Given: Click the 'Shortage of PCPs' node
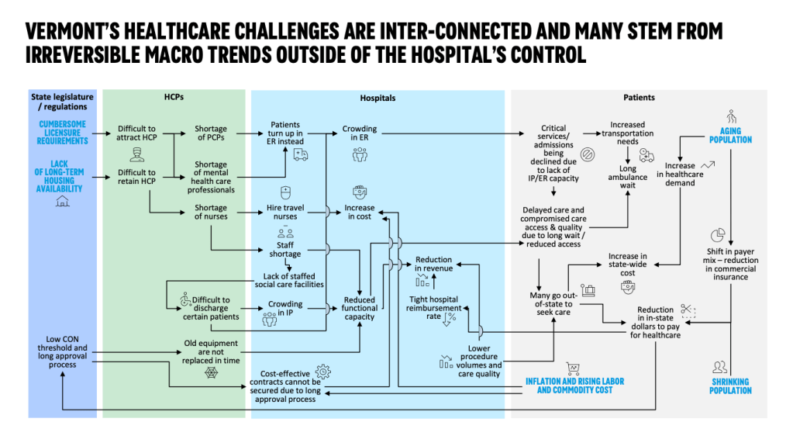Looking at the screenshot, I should (210, 134).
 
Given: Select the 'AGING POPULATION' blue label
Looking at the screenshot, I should (730, 136).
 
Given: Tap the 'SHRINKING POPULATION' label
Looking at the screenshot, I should (730, 386).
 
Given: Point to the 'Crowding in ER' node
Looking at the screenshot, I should (360, 134).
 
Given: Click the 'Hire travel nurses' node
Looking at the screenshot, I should (284, 212).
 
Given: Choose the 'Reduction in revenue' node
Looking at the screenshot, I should (433, 265).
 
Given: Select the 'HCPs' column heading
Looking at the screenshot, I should (174, 98).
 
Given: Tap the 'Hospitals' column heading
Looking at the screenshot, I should (378, 99).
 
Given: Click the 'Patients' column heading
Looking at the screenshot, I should (639, 98).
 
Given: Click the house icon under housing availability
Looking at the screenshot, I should (62, 201).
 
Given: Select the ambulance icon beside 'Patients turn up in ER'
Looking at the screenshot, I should (301, 154).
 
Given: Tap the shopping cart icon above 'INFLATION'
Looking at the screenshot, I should (574, 368).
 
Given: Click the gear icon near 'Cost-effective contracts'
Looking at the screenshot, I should (322, 372).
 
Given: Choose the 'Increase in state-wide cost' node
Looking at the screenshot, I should (627, 265).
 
